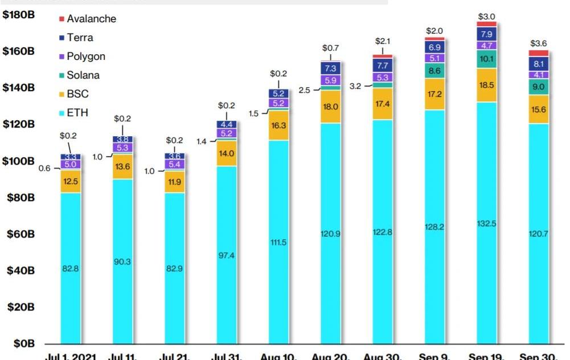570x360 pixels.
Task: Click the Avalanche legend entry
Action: [91, 19]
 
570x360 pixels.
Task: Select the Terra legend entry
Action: [80, 38]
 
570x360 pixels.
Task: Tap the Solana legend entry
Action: [83, 75]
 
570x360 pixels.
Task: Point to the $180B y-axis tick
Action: [19, 15]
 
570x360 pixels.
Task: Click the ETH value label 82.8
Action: [71, 268]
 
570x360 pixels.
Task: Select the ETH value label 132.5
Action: [486, 224]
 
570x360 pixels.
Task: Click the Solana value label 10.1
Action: [486, 59]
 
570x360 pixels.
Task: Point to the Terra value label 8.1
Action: [538, 64]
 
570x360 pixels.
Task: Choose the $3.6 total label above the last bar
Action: [539, 43]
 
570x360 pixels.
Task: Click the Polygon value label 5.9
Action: [331, 80]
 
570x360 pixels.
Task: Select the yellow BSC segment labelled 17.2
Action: [434, 93]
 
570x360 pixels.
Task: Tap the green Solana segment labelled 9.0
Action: [538, 87]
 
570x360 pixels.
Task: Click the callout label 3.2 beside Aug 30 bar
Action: [355, 86]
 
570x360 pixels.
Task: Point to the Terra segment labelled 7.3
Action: [331, 68]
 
